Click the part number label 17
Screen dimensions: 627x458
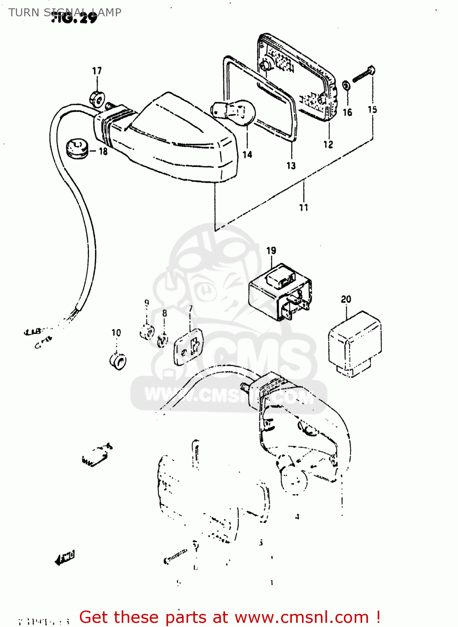tap(97, 71)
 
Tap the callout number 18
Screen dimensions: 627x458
tap(103, 151)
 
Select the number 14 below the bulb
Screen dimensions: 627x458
tap(247, 155)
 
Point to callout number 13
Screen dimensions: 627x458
tap(291, 166)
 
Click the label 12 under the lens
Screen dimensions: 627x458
tap(328, 145)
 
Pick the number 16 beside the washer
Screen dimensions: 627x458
tap(348, 112)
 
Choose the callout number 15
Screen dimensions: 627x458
tap(372, 110)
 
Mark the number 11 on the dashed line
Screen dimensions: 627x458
tap(304, 207)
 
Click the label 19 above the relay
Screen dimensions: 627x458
tap(271, 250)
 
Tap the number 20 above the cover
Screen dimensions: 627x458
tap(346, 299)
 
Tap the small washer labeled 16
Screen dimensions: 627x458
tap(347, 86)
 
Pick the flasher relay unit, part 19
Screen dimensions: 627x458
tap(279, 291)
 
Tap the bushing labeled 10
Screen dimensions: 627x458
tap(118, 361)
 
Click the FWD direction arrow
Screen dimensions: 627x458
tap(65, 558)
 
